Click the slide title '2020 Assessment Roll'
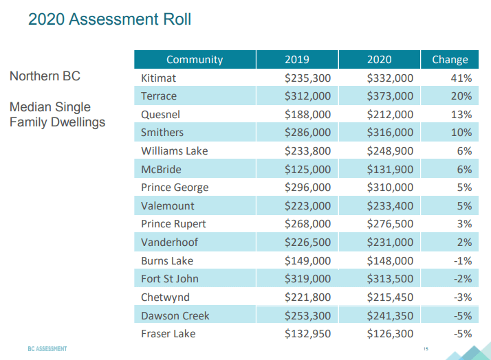[x=109, y=19]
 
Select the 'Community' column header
[x=195, y=60]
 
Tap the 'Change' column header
[x=450, y=60]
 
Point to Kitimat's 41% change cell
[x=460, y=78]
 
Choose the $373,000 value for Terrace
[x=391, y=96]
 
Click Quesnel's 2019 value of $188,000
[x=308, y=114]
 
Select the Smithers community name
[x=162, y=132]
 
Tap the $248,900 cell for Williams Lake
[x=391, y=150]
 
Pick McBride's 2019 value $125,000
[x=308, y=169]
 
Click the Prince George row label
[x=175, y=187]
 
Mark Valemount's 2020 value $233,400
[x=391, y=205]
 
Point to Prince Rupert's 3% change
[x=463, y=224]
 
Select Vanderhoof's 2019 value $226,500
[x=308, y=242]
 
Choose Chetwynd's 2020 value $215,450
[x=391, y=297]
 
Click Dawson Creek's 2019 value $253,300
[x=308, y=315]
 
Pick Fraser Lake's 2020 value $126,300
[x=391, y=334]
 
